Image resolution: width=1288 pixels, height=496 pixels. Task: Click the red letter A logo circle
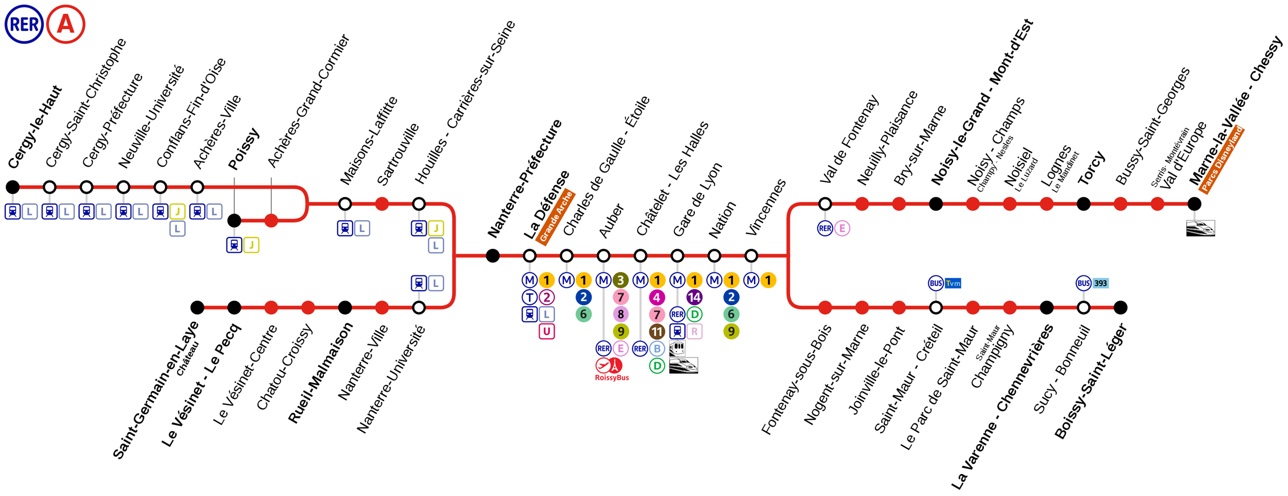[65, 24]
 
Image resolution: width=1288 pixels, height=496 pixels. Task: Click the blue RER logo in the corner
[24, 24]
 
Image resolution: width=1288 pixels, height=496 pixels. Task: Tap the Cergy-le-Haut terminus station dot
[12, 187]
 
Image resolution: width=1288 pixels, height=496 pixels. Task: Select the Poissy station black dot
[234, 220]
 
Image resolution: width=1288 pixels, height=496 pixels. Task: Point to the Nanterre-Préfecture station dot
[493, 256]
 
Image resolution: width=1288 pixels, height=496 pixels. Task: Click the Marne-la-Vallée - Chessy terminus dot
[1194, 204]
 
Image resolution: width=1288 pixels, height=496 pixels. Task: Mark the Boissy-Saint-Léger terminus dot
[1121, 308]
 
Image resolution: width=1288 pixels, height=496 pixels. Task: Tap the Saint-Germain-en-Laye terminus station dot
[197, 308]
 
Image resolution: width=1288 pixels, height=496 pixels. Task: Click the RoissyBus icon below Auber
[611, 369]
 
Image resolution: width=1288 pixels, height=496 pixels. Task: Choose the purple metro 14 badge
[694, 297]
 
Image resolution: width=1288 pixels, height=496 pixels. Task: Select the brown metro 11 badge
[657, 331]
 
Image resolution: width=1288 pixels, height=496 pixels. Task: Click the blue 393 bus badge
[1100, 283]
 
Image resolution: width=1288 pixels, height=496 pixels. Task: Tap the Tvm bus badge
[953, 283]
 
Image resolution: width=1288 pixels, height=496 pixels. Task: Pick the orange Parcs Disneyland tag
[1221, 160]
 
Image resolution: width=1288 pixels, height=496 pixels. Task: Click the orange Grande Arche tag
[556, 217]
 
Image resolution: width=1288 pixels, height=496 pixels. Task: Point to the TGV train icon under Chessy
[1201, 228]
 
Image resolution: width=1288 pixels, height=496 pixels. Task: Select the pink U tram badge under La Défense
[546, 331]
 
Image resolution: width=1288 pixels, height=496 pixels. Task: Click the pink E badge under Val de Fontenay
[842, 228]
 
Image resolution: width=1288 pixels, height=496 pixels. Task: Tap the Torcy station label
[1091, 168]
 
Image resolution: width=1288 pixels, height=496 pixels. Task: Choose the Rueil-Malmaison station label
[321, 373]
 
